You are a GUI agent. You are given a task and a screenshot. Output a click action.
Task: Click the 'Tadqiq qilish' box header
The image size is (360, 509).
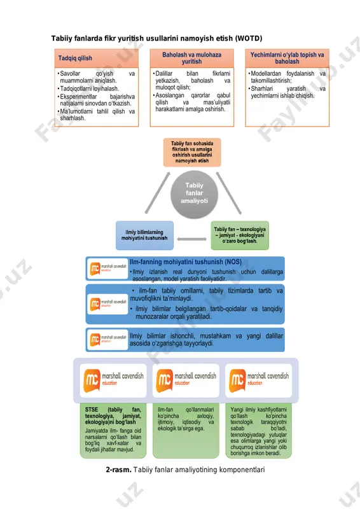(97, 59)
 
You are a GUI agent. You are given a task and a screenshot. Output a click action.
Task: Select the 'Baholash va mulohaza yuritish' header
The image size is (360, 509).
(192, 59)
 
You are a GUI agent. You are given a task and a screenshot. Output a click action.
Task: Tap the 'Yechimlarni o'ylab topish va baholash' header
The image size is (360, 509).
(287, 59)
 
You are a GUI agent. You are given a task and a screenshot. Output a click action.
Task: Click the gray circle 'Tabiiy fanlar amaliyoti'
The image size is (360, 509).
(194, 194)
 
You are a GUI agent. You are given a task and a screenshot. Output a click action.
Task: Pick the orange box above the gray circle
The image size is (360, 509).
(192, 152)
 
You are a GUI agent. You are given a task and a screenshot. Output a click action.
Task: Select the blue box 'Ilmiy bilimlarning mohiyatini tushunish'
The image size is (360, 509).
(144, 235)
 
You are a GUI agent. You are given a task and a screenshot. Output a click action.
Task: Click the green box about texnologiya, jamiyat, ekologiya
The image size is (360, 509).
(240, 235)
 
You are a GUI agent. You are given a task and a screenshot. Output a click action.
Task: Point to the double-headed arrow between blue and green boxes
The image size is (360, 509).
(192, 239)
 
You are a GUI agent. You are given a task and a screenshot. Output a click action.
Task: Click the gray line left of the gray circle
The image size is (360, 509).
(158, 193)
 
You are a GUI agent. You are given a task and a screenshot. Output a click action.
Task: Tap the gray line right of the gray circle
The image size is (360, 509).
(229, 193)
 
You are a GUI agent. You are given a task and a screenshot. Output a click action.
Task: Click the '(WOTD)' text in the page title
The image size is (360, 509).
(249, 38)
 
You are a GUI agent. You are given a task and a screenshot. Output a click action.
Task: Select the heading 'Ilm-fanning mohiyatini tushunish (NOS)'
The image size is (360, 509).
(186, 262)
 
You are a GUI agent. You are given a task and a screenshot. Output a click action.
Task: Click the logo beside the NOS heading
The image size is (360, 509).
(107, 268)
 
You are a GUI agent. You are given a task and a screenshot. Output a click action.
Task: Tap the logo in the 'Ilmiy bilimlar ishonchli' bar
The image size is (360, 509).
(107, 340)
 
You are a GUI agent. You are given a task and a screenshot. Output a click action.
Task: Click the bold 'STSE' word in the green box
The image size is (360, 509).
(92, 410)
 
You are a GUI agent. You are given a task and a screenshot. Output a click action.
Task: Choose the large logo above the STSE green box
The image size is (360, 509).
(113, 380)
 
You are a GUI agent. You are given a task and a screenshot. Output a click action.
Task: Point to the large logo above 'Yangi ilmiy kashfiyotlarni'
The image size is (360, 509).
(259, 380)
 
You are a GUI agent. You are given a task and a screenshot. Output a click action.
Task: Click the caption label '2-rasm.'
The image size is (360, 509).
(118, 470)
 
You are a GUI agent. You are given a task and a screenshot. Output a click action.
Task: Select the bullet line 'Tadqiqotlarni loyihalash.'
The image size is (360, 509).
(89, 88)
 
